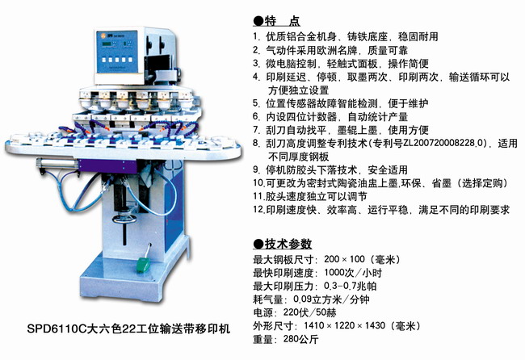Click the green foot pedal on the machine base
click(x=143, y=264)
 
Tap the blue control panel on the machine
click(x=117, y=52)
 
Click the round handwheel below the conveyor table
click(x=124, y=219)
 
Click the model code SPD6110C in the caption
click(x=57, y=329)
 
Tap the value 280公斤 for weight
click(x=300, y=339)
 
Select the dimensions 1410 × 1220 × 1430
click(x=345, y=325)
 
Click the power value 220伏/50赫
click(x=309, y=312)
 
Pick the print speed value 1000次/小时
click(x=353, y=273)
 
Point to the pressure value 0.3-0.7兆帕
click(x=351, y=286)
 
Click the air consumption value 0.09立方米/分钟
click(x=331, y=299)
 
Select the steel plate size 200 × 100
click(x=344, y=259)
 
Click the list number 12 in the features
click(x=258, y=210)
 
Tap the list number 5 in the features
click(x=256, y=103)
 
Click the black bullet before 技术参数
click(x=258, y=245)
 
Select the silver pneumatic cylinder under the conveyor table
click(x=57, y=163)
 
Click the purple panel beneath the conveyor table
click(x=107, y=166)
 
